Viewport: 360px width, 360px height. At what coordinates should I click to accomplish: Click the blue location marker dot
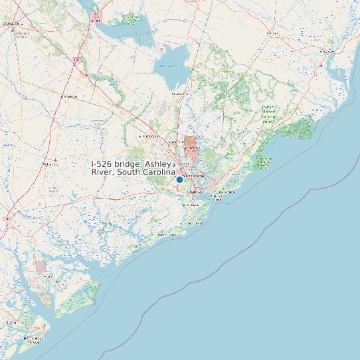click(x=179, y=179)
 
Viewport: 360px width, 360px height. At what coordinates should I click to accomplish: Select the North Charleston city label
click(x=193, y=175)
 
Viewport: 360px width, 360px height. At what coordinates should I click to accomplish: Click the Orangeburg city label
click(x=13, y=23)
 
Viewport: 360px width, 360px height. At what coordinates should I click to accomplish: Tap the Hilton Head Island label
click(x=33, y=341)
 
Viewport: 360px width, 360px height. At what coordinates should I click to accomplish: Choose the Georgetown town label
click(x=327, y=51)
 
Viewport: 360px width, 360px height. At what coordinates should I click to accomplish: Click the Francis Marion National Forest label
click(x=268, y=114)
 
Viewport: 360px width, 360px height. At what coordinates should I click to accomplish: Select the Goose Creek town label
click(x=176, y=141)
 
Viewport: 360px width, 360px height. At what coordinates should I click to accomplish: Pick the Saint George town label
click(x=68, y=96)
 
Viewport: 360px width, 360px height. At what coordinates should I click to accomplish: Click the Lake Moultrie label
click(x=170, y=66)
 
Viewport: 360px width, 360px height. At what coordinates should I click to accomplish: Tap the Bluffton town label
click(x=11, y=322)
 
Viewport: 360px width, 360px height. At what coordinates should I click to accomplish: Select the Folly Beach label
click(x=195, y=223)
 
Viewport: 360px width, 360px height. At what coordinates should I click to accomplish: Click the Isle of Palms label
click(x=229, y=191)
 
